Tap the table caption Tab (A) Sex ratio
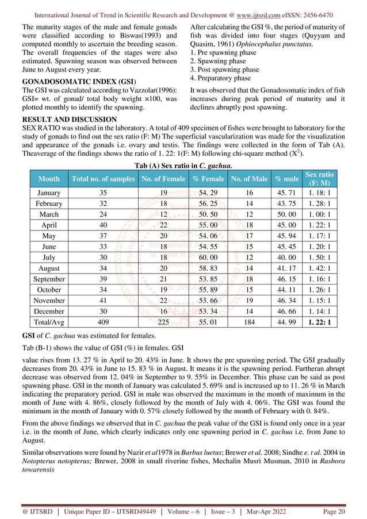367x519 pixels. [183, 166]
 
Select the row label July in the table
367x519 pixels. [48, 257]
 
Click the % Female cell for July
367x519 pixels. [205, 257]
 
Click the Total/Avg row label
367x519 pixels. [48, 323]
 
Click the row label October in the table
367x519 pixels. [48, 290]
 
